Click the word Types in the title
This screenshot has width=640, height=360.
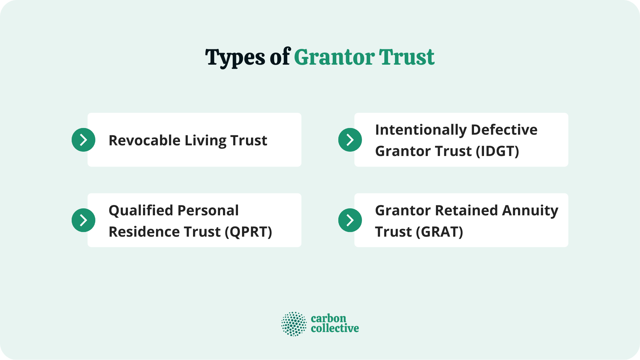tap(235, 57)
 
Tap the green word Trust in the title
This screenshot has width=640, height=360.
tap(407, 57)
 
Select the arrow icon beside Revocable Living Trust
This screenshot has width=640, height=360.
tap(83, 140)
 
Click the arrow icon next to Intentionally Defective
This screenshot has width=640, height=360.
tap(350, 140)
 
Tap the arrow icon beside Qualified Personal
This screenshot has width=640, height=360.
tap(83, 220)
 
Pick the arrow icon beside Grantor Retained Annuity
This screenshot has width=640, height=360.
tap(350, 220)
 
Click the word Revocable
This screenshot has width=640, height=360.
tap(145, 140)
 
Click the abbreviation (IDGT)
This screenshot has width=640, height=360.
tap(497, 151)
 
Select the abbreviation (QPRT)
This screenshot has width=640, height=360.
tap(248, 232)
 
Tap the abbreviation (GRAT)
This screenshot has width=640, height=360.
tap(439, 232)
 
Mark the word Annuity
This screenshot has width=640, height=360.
tap(530, 211)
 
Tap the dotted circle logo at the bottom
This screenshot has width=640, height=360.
tap(294, 324)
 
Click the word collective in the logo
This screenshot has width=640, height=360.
tap(335, 329)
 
